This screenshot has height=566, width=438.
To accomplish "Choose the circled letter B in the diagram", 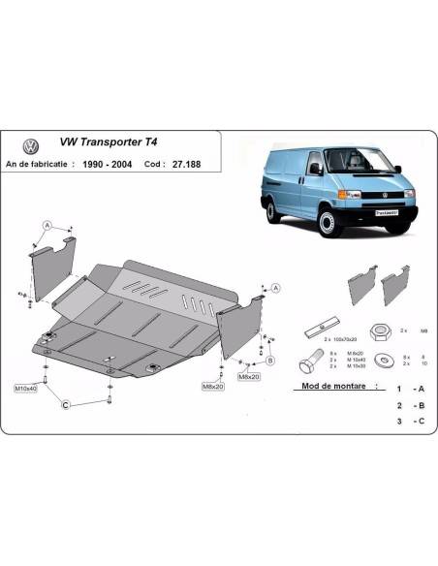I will pyautogui.click(x=270, y=360).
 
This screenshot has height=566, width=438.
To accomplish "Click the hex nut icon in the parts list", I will pyautogui.click(x=381, y=330).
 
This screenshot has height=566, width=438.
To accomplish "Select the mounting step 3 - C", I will pyautogui.click(x=406, y=423).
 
